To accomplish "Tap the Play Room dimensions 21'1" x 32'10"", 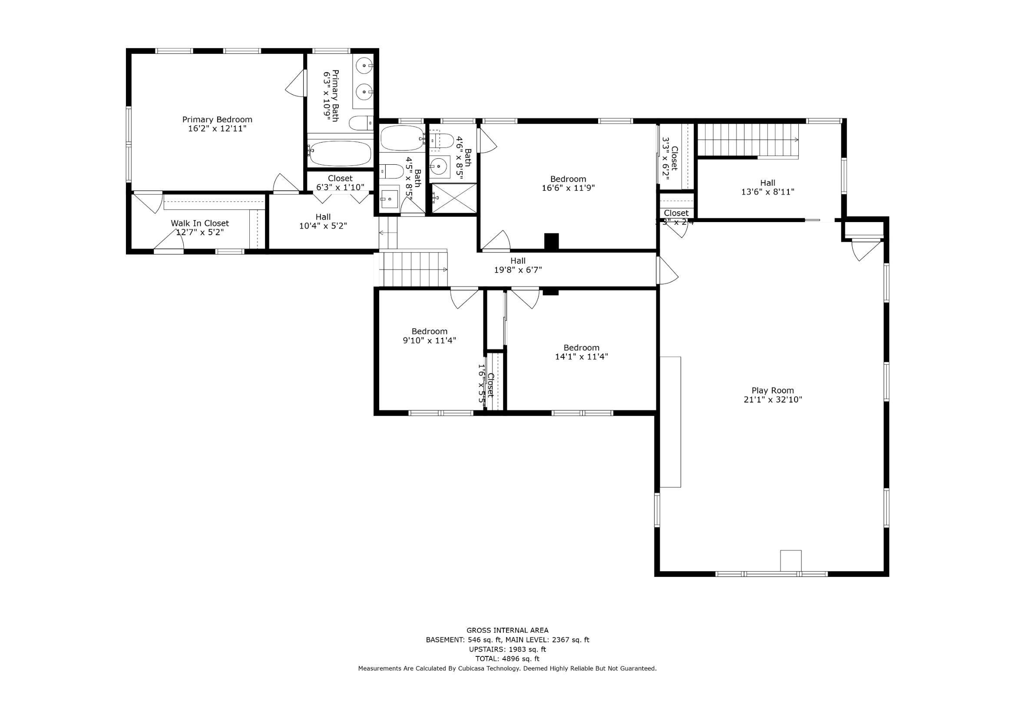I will click(773, 399).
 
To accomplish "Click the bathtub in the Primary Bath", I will click(340, 153).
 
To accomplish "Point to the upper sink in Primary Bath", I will click(364, 66).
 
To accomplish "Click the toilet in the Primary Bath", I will click(361, 123).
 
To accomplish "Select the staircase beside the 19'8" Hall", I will click(414, 269).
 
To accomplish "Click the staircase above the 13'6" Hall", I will click(748, 140).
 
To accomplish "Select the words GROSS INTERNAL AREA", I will click(507, 630).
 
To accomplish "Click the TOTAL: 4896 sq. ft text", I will click(507, 659).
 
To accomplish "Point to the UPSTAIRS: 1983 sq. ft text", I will click(507, 649).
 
